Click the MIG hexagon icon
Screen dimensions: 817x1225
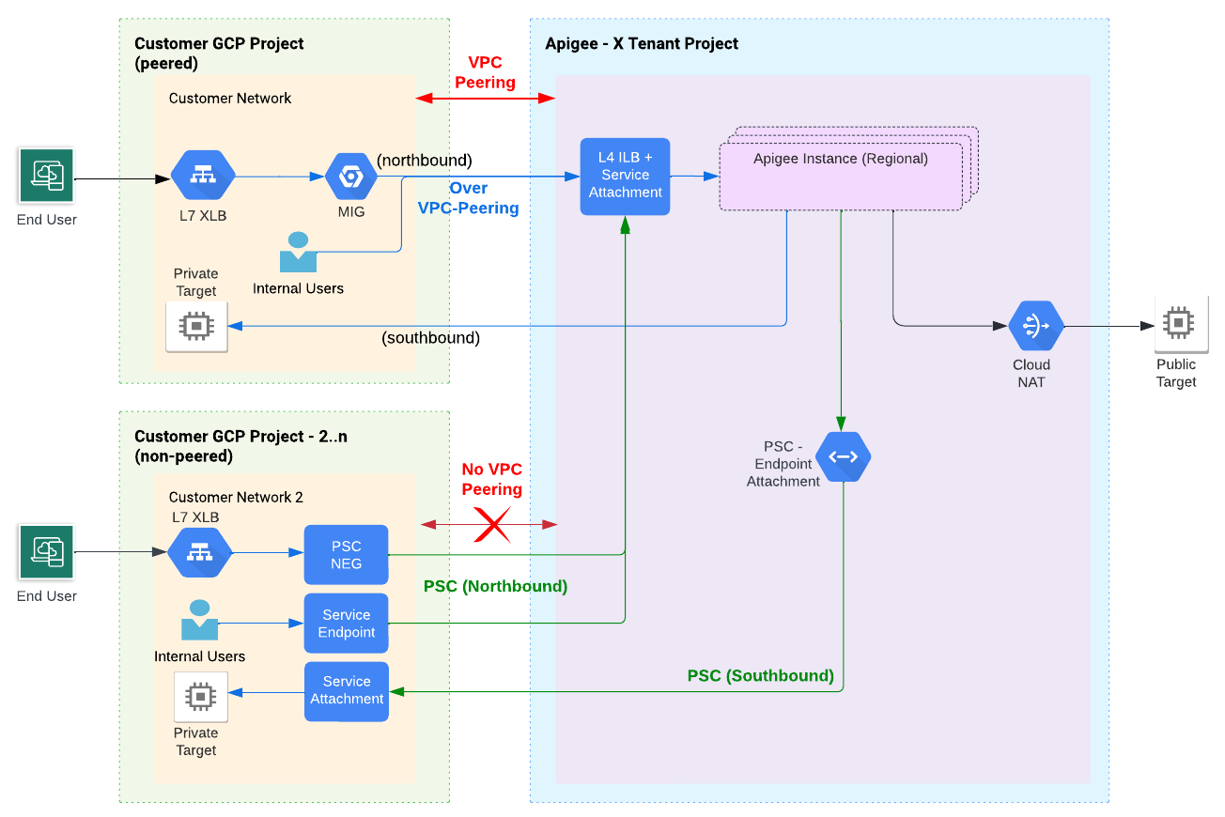pos(350,177)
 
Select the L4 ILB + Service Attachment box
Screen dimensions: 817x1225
pos(625,176)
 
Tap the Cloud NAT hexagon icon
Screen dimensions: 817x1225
pos(1036,326)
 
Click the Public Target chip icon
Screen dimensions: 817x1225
pos(1178,323)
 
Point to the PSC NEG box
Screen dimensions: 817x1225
pos(346,554)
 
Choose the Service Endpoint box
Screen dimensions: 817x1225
pos(346,624)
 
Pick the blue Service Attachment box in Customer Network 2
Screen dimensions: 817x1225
pos(346,691)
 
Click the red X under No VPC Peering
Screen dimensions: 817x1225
pos(490,524)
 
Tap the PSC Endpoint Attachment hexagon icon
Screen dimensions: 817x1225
pos(843,457)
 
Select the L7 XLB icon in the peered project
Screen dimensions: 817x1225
pos(202,176)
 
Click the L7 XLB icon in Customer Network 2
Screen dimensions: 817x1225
pos(200,552)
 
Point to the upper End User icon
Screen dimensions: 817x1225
pos(47,176)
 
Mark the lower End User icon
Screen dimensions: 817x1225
pos(47,552)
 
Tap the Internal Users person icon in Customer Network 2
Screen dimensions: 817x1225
pos(199,620)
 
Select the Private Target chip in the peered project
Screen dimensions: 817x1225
pos(196,326)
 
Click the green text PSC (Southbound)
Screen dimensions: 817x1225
pos(760,675)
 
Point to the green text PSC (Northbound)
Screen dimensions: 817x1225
pos(495,586)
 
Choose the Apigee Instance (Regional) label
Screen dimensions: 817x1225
pos(840,159)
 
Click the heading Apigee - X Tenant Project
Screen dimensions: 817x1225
pos(642,44)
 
